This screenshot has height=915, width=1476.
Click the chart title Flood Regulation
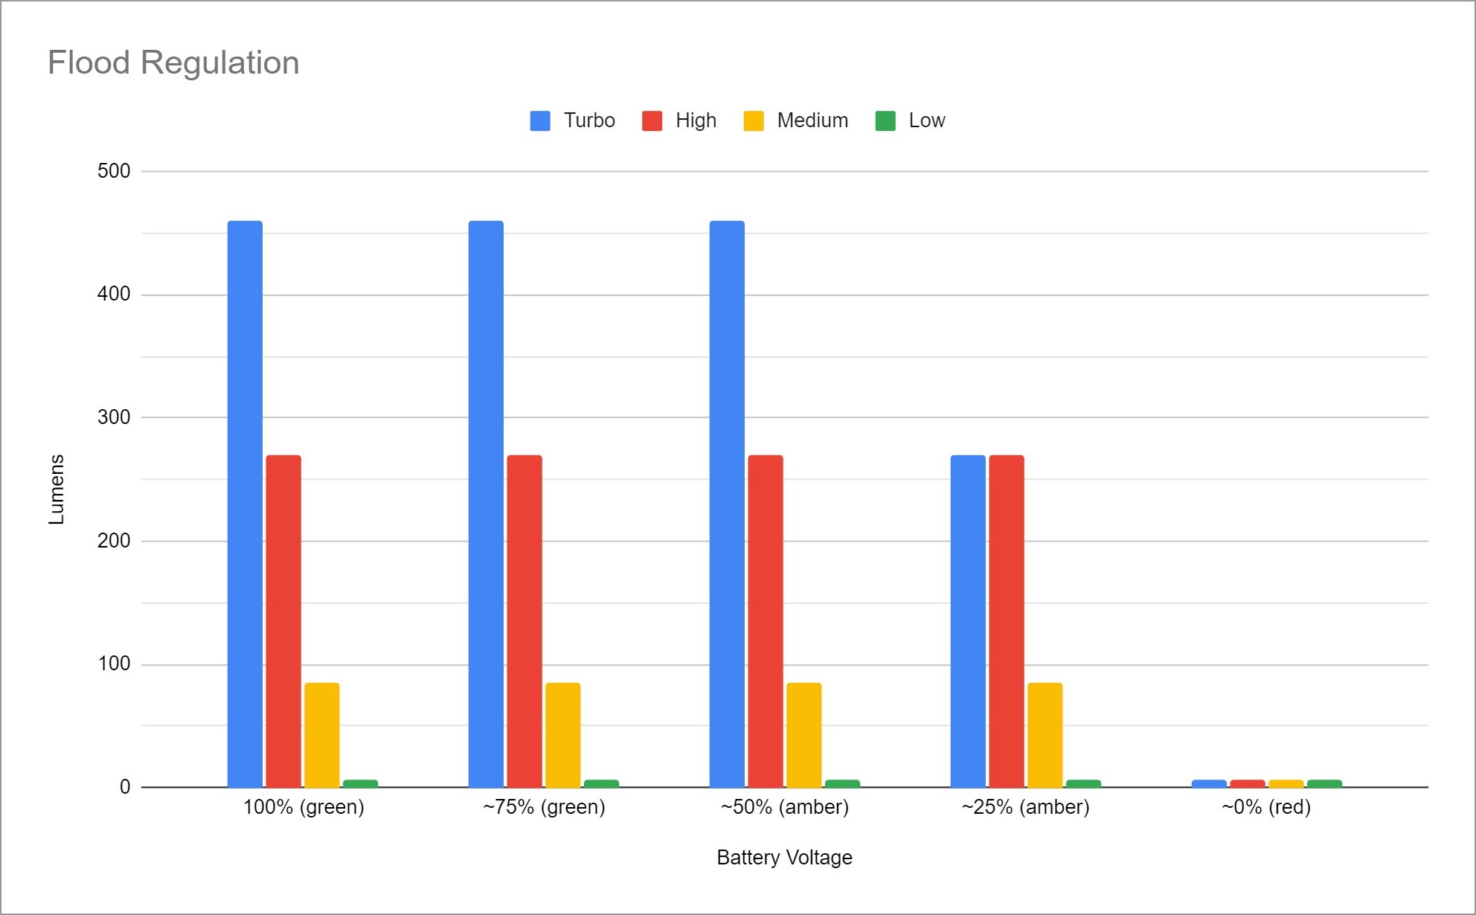tap(173, 62)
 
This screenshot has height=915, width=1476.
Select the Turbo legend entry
tap(572, 121)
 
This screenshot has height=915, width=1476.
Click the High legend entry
tap(679, 121)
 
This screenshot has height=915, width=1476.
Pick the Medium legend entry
tap(795, 121)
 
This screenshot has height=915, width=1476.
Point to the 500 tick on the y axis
tap(114, 171)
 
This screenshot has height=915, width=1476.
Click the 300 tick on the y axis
tap(114, 417)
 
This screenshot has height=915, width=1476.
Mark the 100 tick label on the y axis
tap(114, 664)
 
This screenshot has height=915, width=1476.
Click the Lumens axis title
tap(57, 489)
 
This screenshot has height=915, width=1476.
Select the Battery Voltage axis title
tap(784, 858)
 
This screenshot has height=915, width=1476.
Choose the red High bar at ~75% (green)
tap(524, 620)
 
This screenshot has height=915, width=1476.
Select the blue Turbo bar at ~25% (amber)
tap(968, 620)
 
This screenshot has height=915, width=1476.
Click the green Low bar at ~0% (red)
tap(1324, 783)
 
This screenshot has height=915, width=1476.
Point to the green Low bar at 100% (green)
tap(360, 783)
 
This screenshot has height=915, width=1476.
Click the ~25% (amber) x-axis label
tap(1025, 807)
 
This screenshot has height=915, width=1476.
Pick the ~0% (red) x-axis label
tap(1266, 807)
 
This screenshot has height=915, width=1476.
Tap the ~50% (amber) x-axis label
tap(784, 807)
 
